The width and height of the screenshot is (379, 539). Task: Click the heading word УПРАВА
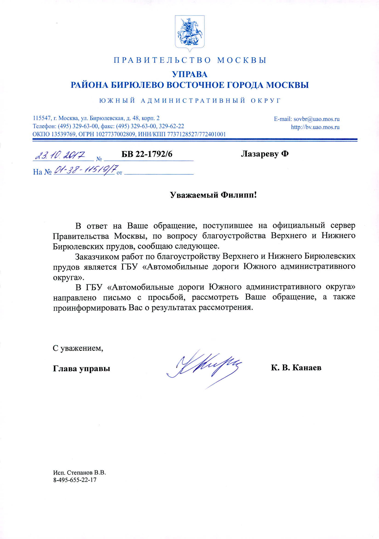189,74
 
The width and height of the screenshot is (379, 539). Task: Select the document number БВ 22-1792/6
147,154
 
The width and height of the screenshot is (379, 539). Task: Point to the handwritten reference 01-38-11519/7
86,170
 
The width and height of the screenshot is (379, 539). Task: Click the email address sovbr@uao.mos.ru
316,119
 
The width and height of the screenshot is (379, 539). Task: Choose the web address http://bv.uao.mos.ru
315,127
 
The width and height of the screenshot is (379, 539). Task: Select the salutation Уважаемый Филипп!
213,195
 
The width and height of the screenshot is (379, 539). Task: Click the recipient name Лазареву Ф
265,154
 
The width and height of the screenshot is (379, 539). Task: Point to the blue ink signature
204,367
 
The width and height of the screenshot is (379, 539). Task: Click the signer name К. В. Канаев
296,368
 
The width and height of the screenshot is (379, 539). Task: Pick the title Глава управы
81,368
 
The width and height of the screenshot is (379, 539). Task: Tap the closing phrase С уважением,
78,348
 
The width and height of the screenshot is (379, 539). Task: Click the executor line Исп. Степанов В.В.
80,472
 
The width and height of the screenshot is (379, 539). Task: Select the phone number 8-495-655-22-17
75,480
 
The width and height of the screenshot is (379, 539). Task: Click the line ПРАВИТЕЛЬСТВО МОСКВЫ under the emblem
190,60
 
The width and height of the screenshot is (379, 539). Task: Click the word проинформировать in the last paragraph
89,307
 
